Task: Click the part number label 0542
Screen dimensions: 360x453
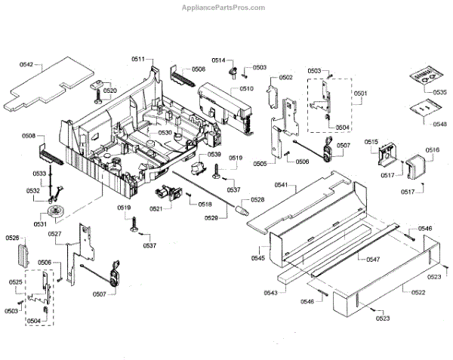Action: tap(26, 66)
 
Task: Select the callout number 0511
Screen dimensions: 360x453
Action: tap(138, 59)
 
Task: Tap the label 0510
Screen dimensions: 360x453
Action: tap(246, 89)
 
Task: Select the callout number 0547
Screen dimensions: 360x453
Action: tap(372, 259)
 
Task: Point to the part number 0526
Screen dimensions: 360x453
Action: tap(12, 238)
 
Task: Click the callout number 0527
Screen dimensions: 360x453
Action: tap(54, 234)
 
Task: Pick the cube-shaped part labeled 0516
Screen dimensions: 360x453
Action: tap(414, 167)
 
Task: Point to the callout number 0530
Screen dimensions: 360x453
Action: tap(165, 133)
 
